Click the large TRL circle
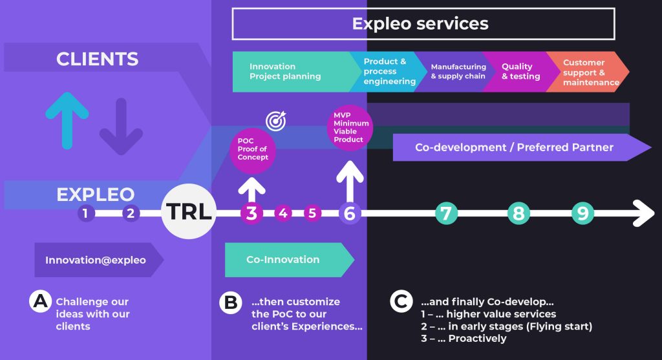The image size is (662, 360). (x=187, y=212)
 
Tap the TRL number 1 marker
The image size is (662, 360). (x=85, y=213)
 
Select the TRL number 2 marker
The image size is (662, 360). (x=131, y=213)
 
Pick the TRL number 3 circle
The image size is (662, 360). (x=251, y=213)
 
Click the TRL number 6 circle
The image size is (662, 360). (x=350, y=213)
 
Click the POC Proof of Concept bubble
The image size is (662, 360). (x=252, y=149)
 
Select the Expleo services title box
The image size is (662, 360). (x=423, y=25)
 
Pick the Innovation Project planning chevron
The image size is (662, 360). (x=291, y=71)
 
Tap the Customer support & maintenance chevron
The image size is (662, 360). (x=587, y=72)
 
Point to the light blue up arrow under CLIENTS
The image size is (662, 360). (x=67, y=119)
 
